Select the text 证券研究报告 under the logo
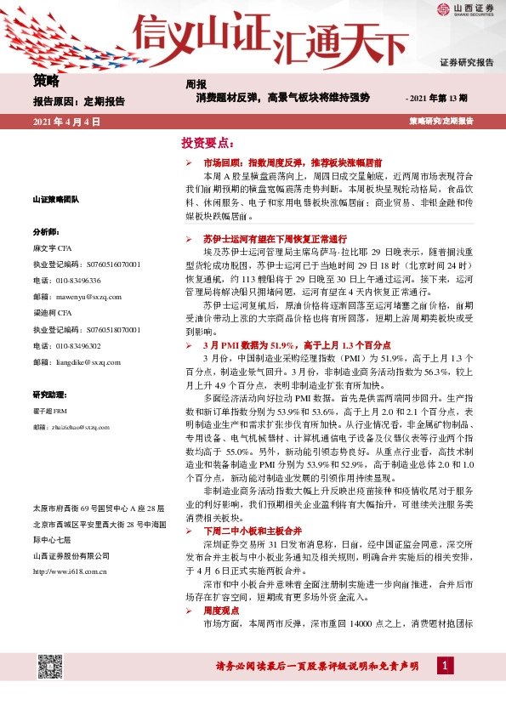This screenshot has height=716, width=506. [x=466, y=63]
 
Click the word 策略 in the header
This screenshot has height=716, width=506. [x=46, y=82]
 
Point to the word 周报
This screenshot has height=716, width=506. [x=196, y=84]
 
